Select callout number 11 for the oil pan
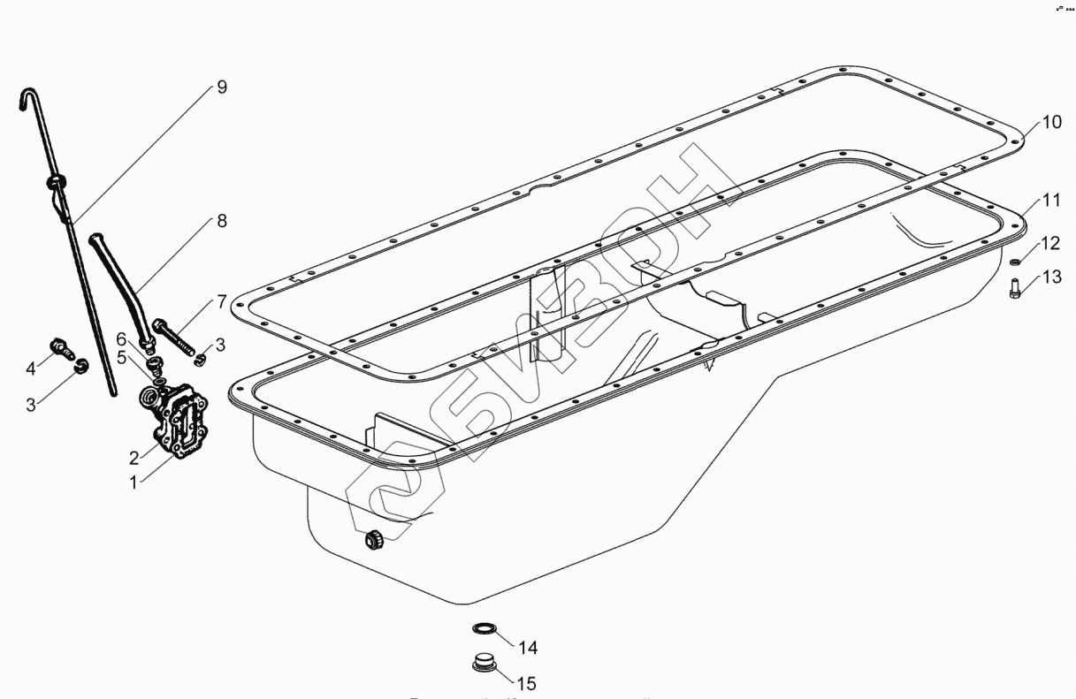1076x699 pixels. point(1050,200)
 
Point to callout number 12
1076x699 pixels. point(1050,243)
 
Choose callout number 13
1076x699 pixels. point(1050,277)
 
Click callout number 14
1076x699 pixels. point(527,649)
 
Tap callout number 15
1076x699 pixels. point(527,683)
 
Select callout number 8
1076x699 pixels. point(221,221)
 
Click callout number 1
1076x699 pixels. point(134,482)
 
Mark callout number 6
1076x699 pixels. point(121,338)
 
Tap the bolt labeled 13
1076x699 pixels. point(1014,288)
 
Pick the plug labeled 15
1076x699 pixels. point(484,662)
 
